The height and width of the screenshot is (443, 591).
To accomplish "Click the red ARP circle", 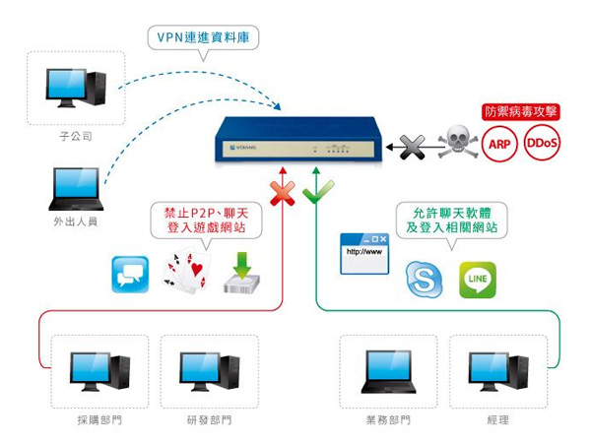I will click(499, 145).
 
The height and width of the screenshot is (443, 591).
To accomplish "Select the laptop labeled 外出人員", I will click(75, 187).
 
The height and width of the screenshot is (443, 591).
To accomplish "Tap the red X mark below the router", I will click(282, 193).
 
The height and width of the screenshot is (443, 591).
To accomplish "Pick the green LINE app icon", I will click(478, 280).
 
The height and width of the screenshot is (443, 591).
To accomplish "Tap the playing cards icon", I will click(187, 271).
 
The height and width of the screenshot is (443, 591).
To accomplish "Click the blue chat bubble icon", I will click(130, 274).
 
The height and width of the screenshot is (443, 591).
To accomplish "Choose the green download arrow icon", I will click(241, 274).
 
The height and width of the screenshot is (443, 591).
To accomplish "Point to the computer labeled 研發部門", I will click(209, 372).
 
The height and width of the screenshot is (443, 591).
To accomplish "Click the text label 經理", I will click(497, 420).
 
